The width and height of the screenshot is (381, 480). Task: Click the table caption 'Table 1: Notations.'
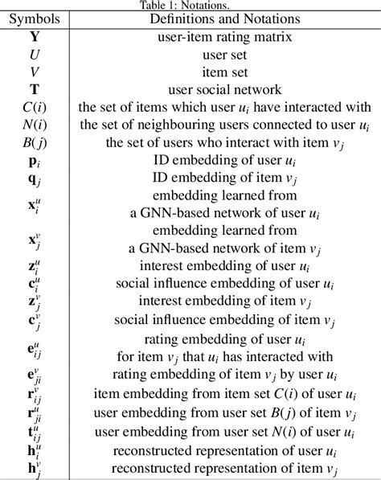click(x=190, y=5)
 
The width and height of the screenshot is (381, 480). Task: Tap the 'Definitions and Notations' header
click(x=224, y=18)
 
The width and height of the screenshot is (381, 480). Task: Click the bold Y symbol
click(x=35, y=36)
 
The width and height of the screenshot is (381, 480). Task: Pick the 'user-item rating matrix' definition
click(x=224, y=36)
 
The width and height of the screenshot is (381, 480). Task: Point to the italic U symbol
click(x=35, y=54)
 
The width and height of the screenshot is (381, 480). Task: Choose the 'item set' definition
click(x=224, y=72)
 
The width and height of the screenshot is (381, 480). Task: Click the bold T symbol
click(x=35, y=89)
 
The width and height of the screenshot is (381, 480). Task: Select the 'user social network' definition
click(x=224, y=89)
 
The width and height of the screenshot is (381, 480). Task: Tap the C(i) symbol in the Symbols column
click(x=35, y=108)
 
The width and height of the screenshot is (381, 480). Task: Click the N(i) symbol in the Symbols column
click(x=35, y=125)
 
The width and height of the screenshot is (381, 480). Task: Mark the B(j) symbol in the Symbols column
click(x=35, y=143)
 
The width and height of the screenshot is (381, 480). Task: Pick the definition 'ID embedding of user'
click(x=224, y=161)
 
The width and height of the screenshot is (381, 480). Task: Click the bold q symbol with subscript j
click(x=35, y=179)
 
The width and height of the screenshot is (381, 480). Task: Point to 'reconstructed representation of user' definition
click(x=224, y=449)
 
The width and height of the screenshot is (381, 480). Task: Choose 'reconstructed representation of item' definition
click(x=224, y=468)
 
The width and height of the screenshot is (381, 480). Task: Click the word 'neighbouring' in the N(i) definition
click(x=177, y=125)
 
